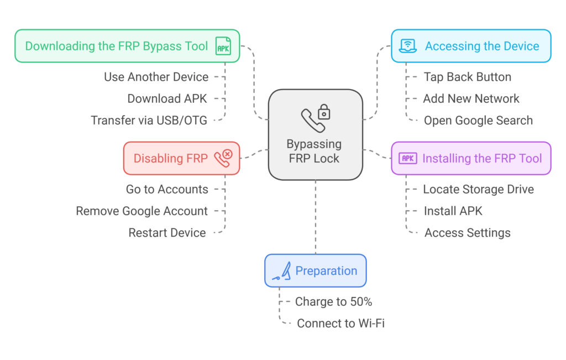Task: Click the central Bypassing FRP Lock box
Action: (x=315, y=134)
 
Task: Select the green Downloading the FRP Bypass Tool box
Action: (x=127, y=46)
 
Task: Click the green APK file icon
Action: (x=223, y=46)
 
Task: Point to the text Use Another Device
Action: (x=156, y=77)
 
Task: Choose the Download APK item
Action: (x=167, y=98)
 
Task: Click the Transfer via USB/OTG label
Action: (x=149, y=120)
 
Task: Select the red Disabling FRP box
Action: (x=181, y=158)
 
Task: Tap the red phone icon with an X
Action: (x=223, y=158)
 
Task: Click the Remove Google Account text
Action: (x=141, y=211)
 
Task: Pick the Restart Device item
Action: (x=167, y=233)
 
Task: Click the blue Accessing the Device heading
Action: (x=481, y=46)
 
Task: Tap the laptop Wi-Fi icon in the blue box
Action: (x=408, y=46)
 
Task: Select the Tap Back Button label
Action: (x=467, y=77)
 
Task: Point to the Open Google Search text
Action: (x=478, y=120)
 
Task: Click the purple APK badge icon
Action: (x=408, y=159)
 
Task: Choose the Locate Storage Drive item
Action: (x=478, y=189)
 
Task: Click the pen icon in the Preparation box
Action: (x=282, y=271)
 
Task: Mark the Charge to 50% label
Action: (x=333, y=301)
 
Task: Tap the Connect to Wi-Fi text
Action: (x=340, y=324)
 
